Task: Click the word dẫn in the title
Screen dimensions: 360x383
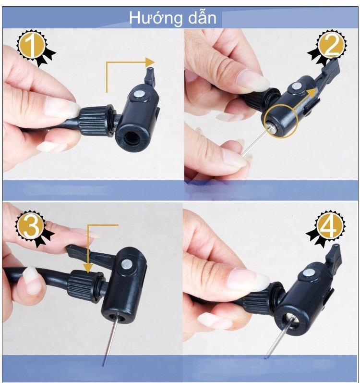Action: [x=202, y=17]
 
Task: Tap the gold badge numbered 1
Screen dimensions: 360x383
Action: [x=34, y=46]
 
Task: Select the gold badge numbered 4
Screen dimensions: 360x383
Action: [x=328, y=227]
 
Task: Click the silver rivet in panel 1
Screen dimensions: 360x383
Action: [x=139, y=94]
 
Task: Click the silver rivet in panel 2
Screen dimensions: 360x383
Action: [x=296, y=86]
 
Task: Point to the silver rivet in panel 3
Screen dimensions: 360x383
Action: [x=126, y=264]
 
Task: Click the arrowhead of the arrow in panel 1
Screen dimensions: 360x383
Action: [x=150, y=62]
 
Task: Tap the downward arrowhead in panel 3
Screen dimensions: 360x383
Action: [x=88, y=268]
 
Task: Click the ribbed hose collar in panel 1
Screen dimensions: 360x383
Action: [x=96, y=121]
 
